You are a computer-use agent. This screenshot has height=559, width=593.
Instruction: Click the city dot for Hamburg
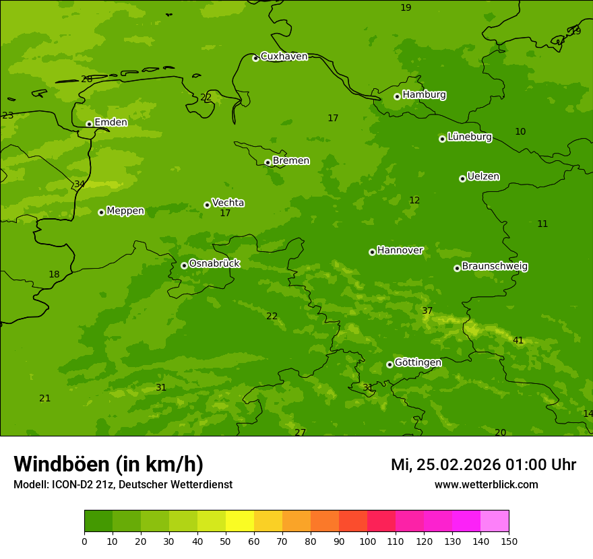[397, 96]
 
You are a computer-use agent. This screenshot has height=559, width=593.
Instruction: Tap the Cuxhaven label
[284, 56]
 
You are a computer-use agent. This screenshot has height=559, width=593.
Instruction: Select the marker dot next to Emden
[89, 124]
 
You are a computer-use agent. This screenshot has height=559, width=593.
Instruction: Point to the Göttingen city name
[418, 362]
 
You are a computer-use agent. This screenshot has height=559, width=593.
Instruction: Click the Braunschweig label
[495, 266]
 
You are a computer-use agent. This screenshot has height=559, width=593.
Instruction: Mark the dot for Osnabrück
[184, 265]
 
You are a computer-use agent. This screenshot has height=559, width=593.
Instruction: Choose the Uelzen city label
[483, 176]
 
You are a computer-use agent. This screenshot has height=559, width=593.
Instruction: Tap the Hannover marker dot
[372, 252]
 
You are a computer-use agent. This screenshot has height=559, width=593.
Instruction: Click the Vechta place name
[228, 203]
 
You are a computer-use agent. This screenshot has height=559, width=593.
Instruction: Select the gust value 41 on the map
[518, 340]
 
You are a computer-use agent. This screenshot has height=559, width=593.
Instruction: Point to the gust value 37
[427, 310]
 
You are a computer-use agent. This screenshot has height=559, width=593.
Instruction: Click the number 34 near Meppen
[80, 184]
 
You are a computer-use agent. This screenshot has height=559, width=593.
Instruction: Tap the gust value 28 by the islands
[87, 79]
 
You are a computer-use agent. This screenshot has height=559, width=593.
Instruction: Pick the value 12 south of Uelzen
[414, 200]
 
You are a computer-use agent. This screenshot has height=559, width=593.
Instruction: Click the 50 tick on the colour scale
[226, 541]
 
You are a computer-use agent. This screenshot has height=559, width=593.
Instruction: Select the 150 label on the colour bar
[509, 541]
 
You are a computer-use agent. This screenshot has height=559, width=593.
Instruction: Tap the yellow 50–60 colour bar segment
[240, 521]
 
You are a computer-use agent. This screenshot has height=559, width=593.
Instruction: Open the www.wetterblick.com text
[486, 484]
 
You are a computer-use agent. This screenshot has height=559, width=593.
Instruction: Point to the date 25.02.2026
[458, 465]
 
